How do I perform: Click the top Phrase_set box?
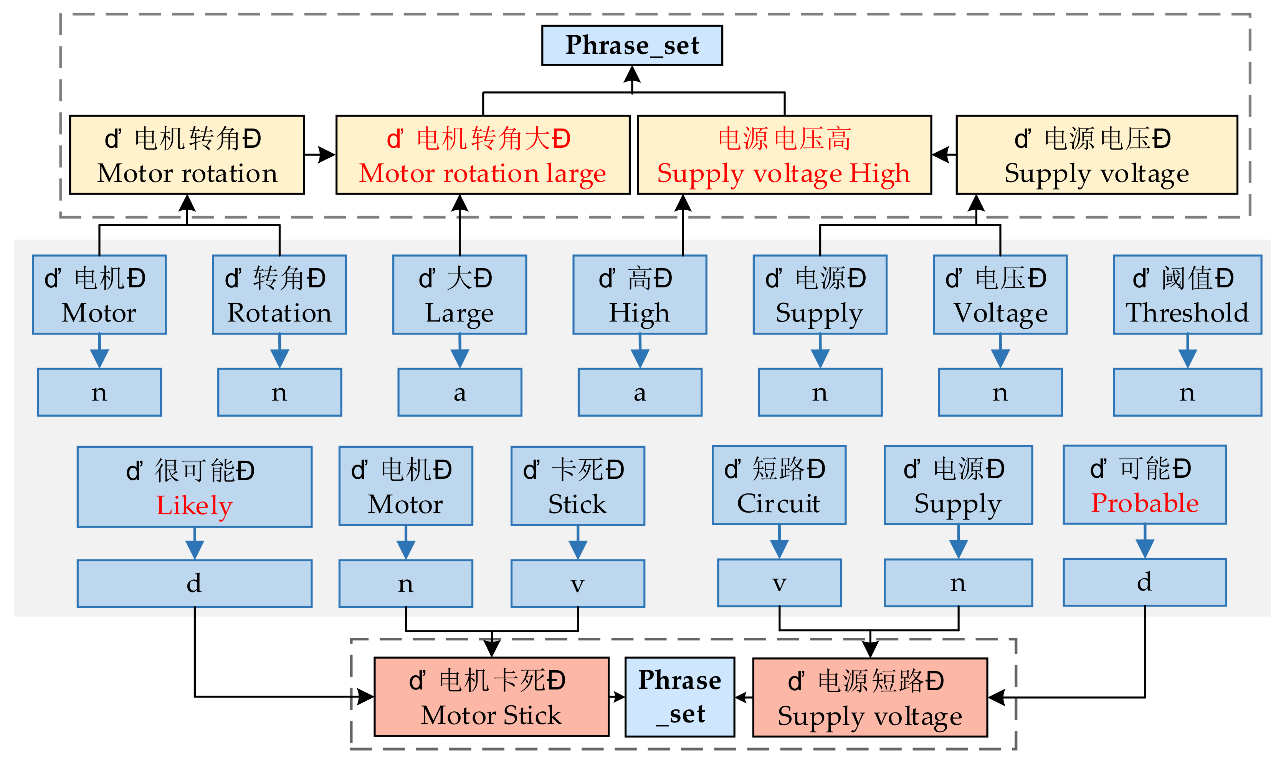coord(632,45)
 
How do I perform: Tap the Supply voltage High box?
coord(784,155)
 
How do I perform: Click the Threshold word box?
coord(1187,295)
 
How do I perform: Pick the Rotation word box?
coord(279,295)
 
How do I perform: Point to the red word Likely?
coord(194,505)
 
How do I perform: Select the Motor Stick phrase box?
coord(491,697)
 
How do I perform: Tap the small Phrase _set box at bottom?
coord(679,697)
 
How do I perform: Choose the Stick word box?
coord(577,486)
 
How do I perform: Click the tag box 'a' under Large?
coord(460,392)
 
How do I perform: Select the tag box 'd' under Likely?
coord(194,583)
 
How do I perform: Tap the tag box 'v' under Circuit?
coord(779,583)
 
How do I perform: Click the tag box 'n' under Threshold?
coord(1187,392)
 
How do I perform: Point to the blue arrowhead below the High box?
coord(640,358)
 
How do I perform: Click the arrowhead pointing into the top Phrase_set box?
coord(632,74)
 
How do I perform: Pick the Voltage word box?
coord(1000,295)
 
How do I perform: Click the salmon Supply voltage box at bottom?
coord(869,697)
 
